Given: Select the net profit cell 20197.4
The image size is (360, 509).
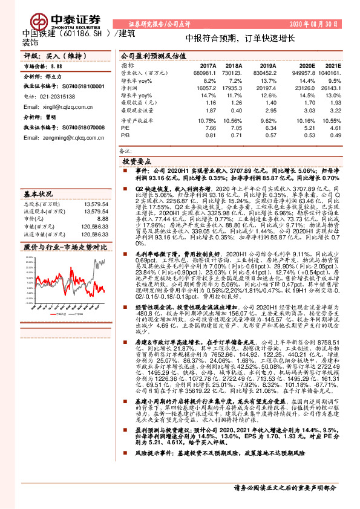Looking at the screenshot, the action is [267, 88].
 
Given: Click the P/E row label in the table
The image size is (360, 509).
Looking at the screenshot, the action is [125, 128].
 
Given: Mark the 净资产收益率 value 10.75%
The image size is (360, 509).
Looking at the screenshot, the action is [207, 121].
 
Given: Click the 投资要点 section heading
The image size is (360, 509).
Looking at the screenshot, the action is [137, 163].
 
